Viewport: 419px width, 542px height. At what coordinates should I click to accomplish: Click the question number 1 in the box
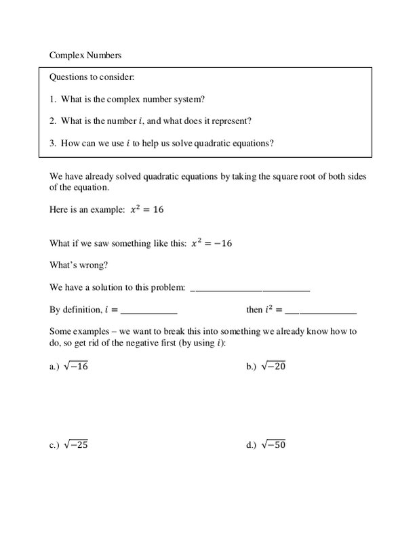(52, 99)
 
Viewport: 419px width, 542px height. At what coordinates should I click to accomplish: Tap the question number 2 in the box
(52, 121)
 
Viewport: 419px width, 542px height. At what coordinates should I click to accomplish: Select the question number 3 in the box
(52, 143)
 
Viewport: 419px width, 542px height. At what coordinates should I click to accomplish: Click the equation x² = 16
(147, 210)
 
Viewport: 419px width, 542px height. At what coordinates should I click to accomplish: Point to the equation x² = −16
(211, 243)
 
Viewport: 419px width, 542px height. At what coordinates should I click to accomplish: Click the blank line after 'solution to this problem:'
(251, 289)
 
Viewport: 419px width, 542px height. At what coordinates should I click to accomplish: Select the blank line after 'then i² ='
(321, 312)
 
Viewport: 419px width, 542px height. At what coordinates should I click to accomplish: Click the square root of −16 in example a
(76, 367)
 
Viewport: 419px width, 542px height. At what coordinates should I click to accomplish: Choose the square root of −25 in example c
(76, 445)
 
